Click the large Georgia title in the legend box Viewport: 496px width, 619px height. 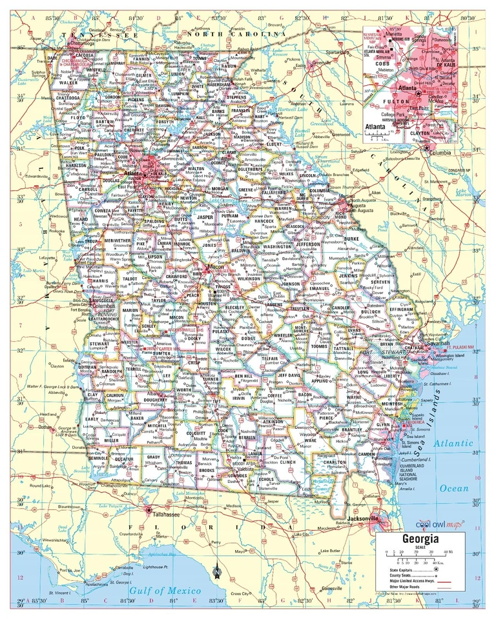pos(420,538)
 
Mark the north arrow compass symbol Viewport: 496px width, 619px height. pos(218,570)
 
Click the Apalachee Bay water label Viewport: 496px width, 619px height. pos(159,554)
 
